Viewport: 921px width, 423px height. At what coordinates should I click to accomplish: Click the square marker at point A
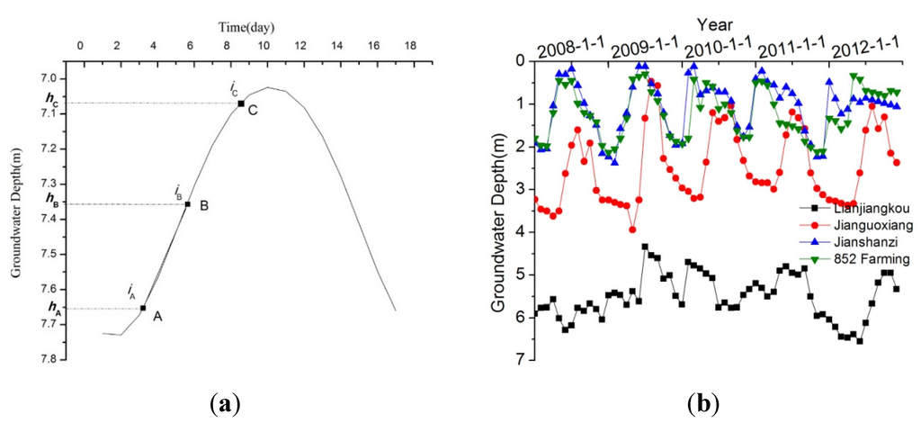click(143, 309)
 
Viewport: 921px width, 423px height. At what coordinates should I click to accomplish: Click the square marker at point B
click(187, 204)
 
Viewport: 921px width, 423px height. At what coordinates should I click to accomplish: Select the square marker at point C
click(241, 103)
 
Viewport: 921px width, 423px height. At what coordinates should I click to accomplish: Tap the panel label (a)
click(226, 404)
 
